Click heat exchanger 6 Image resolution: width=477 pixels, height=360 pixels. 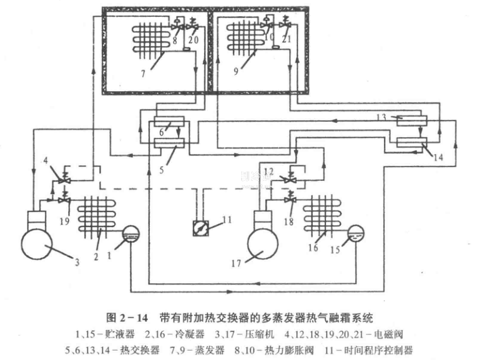167,121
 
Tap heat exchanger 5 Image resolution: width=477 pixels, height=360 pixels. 167,142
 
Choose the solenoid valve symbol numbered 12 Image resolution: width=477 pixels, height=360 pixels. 288,177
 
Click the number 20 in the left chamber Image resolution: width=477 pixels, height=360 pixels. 192,40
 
